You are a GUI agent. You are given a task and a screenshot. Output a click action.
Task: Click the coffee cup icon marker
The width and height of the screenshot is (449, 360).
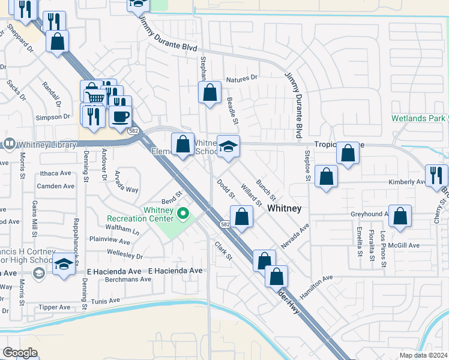point(121,116)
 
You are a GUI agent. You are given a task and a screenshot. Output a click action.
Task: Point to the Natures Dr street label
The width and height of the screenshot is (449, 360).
point(242,78)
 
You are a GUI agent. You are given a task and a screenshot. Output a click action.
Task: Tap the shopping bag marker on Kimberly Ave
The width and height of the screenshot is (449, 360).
point(326,177)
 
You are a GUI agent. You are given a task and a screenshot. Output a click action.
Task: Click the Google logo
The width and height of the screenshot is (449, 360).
point(20,353)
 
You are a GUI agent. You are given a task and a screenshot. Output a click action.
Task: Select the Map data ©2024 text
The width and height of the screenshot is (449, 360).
point(424,355)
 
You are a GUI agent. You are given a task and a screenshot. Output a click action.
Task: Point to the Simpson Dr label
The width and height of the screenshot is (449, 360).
point(53,118)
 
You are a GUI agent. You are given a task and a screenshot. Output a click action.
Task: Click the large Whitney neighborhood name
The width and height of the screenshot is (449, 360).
point(284,208)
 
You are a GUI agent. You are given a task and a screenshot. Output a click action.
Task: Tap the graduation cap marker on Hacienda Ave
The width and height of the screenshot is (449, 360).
point(64,264)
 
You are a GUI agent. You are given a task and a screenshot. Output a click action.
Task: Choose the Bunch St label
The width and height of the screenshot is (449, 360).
point(265,189)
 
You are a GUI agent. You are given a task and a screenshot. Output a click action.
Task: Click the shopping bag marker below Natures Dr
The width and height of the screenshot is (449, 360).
point(209,93)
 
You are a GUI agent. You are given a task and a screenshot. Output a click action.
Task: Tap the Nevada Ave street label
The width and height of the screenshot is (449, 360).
point(295,236)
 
